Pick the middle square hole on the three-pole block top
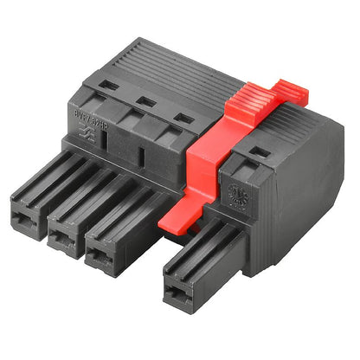(x=146, y=101)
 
